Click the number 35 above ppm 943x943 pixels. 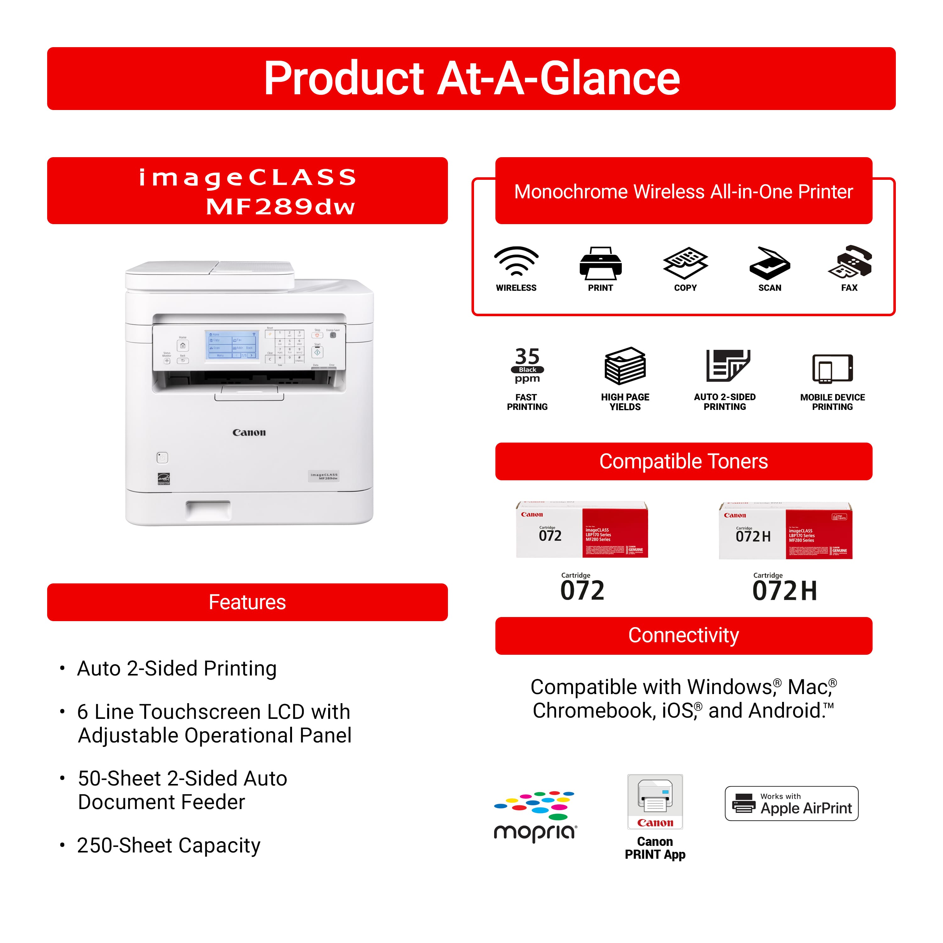point(527,356)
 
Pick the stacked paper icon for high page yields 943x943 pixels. point(625,366)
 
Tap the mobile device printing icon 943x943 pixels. point(832,368)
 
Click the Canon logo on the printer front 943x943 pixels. point(249,433)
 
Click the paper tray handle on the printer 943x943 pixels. point(208,509)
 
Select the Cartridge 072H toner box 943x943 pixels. point(785,531)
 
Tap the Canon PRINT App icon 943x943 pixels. point(655,802)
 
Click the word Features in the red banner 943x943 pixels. point(247,602)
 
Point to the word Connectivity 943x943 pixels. point(683,636)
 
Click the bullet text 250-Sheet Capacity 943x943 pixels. point(169,845)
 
